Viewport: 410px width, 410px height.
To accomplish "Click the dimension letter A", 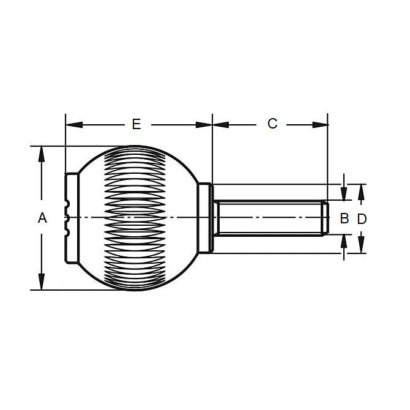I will pos(42,218).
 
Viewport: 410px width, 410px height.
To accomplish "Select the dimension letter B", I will pos(344,218).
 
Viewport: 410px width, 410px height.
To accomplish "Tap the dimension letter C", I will pos(272,124).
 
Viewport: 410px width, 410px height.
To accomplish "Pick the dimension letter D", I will pos(362,218).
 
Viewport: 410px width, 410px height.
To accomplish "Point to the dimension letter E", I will pos(136,124).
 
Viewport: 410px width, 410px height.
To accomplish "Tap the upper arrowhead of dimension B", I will pos(344,194).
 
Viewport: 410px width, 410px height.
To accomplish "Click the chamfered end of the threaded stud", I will pos(325,218).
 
